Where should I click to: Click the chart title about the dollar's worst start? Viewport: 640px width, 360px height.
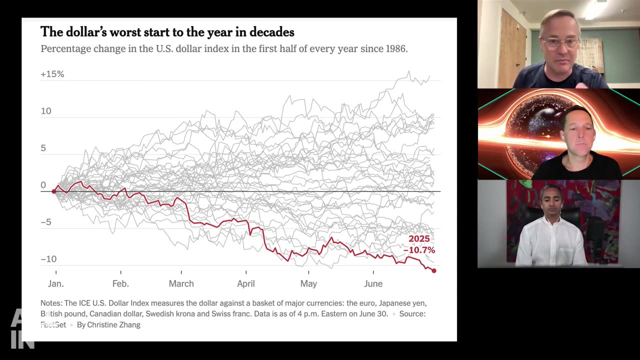(x=167, y=32)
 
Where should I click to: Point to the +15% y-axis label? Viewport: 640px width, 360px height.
(x=52, y=74)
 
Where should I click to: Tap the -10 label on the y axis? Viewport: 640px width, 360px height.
(x=48, y=259)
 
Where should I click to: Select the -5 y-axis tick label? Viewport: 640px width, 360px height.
(x=46, y=222)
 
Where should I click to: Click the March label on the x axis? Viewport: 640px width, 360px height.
(x=181, y=283)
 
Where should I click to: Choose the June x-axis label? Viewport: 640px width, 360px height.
(x=373, y=283)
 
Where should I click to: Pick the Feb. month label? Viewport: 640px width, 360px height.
(x=120, y=283)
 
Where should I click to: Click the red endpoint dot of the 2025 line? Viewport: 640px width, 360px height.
(x=434, y=270)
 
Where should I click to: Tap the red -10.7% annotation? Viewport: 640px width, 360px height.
(x=419, y=250)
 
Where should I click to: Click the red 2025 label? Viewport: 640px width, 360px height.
(x=419, y=239)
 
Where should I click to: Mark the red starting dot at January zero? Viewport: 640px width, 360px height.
(x=54, y=191)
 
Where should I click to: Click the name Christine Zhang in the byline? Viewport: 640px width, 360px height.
(x=114, y=325)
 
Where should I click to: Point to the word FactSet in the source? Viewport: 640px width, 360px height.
(x=53, y=325)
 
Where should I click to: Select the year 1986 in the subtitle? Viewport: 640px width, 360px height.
(x=396, y=49)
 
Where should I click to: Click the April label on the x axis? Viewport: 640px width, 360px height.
(x=245, y=283)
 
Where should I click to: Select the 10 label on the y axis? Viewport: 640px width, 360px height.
(x=46, y=111)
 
